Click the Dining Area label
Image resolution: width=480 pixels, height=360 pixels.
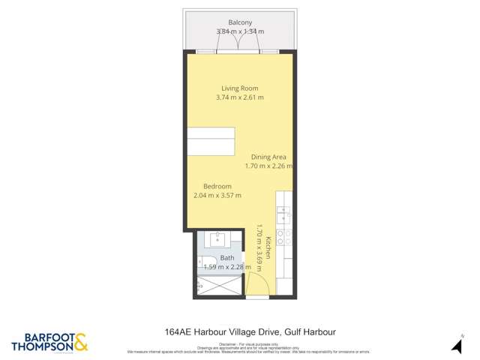point(268,157)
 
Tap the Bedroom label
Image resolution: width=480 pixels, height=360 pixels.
point(217,186)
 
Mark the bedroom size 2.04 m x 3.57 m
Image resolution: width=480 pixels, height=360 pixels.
point(217,196)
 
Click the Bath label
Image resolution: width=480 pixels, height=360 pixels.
point(226,257)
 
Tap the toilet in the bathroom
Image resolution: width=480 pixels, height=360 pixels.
point(204,262)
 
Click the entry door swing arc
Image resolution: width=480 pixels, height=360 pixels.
point(256,286)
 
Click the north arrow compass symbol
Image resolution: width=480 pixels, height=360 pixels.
point(455,344)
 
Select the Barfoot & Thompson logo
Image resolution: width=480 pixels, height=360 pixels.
point(49,340)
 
